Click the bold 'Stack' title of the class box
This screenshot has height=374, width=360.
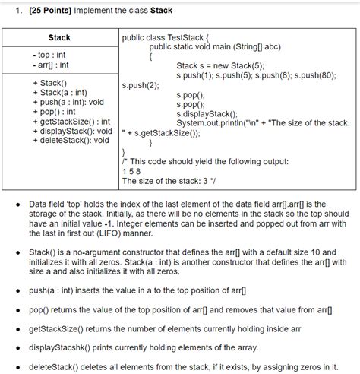pos(59,37)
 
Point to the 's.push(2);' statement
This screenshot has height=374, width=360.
pos(141,85)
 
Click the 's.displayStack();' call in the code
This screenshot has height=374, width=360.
pos(207,113)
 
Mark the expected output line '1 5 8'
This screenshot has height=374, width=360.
pos(131,171)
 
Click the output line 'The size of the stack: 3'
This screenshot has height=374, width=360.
pos(169,181)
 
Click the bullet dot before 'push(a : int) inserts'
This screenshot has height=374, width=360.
pos(17,290)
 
